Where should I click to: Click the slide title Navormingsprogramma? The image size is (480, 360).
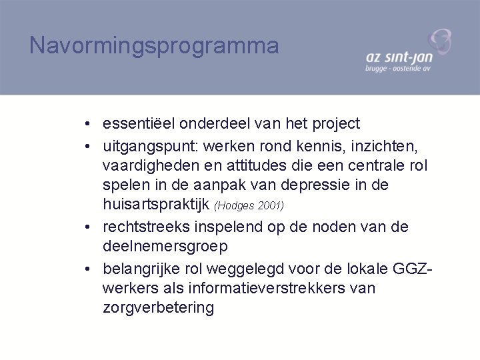154,45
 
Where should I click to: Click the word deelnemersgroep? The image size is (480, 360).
165,247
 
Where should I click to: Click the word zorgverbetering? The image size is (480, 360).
159,308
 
